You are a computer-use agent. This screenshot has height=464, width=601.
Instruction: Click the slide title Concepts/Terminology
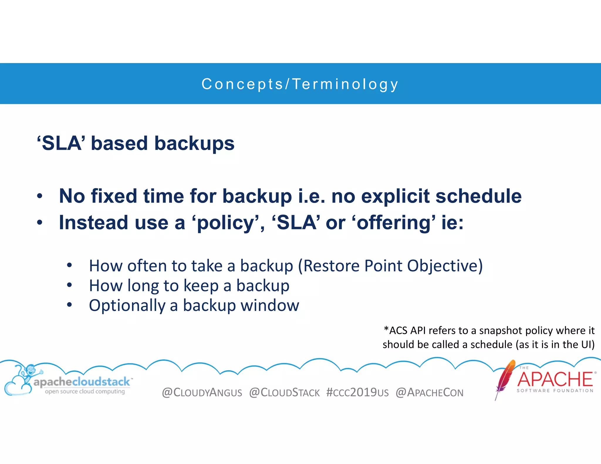tap(300, 84)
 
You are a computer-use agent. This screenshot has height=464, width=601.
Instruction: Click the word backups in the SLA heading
tap(194, 143)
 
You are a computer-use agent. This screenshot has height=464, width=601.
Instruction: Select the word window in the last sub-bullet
tap(270, 305)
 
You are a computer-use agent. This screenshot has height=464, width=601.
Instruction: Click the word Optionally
tap(127, 305)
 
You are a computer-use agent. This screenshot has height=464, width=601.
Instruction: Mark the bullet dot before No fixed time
tap(40, 196)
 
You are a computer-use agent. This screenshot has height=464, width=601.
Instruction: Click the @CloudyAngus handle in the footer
tap(202, 392)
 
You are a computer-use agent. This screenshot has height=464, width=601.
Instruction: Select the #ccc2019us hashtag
tap(357, 392)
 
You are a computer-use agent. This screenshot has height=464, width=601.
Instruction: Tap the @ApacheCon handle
tap(429, 392)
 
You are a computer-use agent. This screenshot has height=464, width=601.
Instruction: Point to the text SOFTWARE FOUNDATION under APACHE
tap(555, 391)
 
